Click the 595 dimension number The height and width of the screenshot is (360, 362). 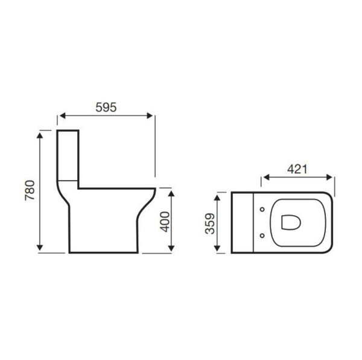[x=106, y=106]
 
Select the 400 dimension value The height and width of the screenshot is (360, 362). [x=163, y=221]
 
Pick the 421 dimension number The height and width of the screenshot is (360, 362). [x=296, y=170]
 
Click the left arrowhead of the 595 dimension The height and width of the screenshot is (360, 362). [x=61, y=116]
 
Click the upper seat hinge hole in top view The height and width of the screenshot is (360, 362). [x=261, y=210]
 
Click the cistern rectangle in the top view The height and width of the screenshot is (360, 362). [x=243, y=222]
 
